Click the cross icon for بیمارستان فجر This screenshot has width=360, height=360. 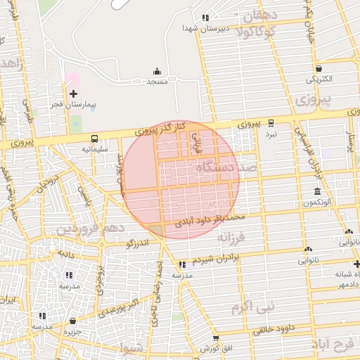[72, 94]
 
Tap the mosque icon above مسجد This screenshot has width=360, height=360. [157, 71]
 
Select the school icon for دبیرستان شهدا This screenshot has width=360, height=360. [205, 18]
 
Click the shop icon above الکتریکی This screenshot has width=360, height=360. [320, 69]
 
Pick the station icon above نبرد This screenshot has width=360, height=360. [271, 122]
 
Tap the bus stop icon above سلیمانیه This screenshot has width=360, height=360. [94, 138]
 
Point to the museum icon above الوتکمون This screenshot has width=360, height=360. [318, 191]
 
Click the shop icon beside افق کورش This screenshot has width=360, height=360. [216, 338]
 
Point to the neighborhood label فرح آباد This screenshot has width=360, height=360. [335, 346]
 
